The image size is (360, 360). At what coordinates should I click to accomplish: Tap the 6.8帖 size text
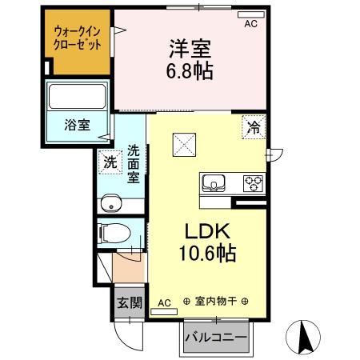tap(190, 71)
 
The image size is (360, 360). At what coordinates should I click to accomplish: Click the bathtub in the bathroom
tap(78, 97)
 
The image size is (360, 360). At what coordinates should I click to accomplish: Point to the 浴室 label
tap(78, 125)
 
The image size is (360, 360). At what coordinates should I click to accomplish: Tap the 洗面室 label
tap(134, 163)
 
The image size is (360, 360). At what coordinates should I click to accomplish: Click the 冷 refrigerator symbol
tap(253, 126)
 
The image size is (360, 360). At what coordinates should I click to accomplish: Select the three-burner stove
tap(254, 182)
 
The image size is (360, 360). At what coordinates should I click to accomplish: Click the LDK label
tap(207, 232)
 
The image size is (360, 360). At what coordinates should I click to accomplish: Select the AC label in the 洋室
tap(250, 25)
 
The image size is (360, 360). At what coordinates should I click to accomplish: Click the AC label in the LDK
tap(163, 302)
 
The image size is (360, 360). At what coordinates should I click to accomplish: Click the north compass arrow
tap(305, 336)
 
